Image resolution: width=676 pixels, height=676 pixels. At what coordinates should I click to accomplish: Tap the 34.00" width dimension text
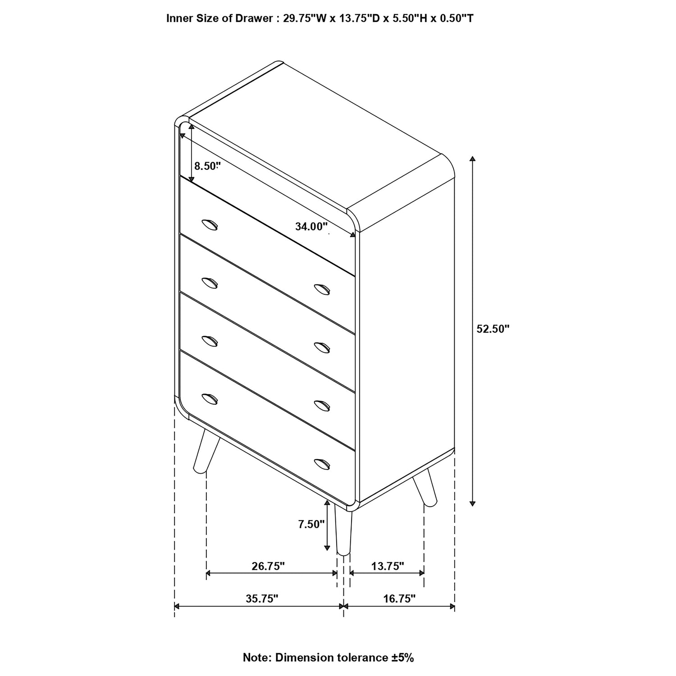tap(311, 226)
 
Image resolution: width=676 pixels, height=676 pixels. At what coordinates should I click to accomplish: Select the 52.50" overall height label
tap(493, 329)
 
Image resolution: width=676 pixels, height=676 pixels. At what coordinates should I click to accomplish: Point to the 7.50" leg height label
tap(311, 524)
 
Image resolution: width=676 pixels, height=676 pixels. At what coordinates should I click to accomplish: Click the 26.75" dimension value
tap(268, 566)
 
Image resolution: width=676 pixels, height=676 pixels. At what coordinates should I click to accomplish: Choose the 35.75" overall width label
tap(262, 598)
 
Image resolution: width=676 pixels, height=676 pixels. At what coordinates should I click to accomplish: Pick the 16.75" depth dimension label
tap(399, 598)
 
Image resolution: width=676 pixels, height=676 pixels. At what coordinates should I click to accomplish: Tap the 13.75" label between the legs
tap(388, 566)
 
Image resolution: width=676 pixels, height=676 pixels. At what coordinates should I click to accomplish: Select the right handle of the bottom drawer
tap(322, 463)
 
